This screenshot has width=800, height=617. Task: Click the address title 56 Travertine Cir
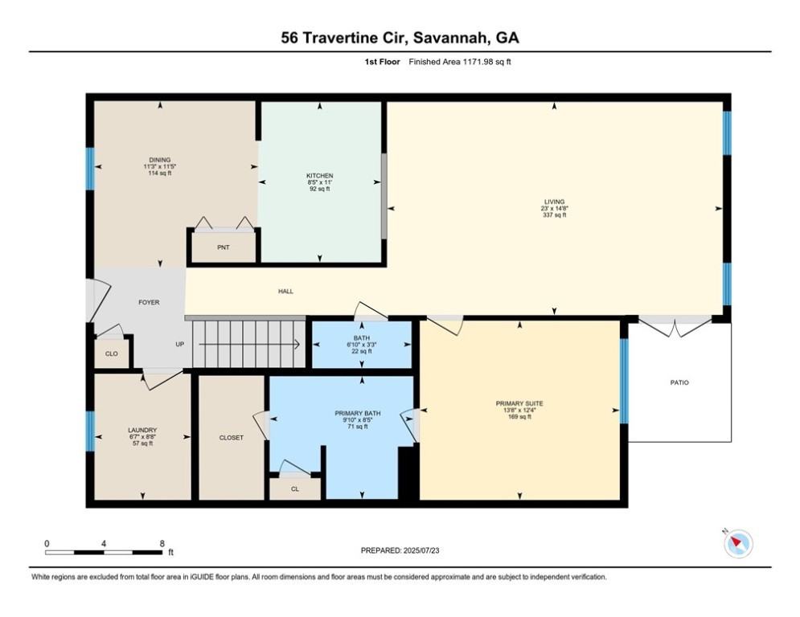[400, 38]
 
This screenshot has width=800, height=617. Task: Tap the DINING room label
[159, 160]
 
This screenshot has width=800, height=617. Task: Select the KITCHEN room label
[319, 176]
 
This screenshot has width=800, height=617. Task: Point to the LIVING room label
[553, 202]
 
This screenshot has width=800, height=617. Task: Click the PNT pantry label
[224, 247]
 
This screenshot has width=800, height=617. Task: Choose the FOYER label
[149, 302]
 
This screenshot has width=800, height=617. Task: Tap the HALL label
[285, 291]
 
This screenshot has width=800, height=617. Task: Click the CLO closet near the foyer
[111, 353]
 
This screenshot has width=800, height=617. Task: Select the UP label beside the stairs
[181, 345]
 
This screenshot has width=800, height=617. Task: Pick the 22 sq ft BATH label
[361, 338]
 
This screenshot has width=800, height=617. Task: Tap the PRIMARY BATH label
[358, 414]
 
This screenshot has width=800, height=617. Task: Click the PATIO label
[679, 382]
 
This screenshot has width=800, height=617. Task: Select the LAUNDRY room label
[142, 430]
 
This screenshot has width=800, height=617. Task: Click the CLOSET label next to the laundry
[231, 438]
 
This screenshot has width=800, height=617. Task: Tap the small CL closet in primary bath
[294, 488]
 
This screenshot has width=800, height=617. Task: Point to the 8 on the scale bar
[162, 543]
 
